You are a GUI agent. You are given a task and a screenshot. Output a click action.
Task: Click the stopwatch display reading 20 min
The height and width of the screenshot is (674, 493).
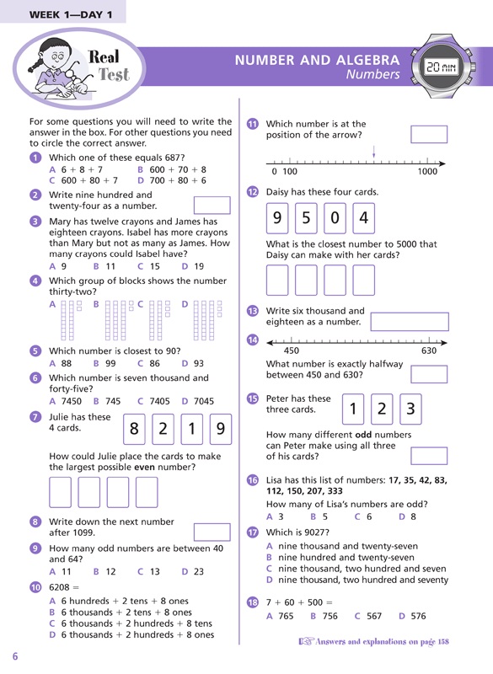tap(442, 67)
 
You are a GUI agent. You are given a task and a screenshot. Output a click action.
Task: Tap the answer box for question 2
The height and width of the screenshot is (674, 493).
tap(212, 205)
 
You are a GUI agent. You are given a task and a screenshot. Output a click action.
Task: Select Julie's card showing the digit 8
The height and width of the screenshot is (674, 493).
tap(134, 429)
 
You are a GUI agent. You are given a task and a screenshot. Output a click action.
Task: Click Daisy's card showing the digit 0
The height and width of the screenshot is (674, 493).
tap(335, 218)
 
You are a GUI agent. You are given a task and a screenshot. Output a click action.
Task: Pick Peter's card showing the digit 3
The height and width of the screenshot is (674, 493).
tap(410, 409)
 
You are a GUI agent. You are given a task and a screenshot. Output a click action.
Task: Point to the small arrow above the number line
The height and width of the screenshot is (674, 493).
tap(374, 152)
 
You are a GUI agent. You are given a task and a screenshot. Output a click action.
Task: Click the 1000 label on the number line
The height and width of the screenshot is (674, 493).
tap(427, 172)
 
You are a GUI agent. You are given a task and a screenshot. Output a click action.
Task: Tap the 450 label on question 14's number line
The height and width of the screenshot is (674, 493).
tap(291, 350)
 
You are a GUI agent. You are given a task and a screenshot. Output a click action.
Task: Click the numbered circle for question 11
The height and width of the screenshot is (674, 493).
tap(252, 124)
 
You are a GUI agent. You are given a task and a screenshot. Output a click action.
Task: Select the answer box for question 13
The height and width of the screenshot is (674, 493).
tap(410, 322)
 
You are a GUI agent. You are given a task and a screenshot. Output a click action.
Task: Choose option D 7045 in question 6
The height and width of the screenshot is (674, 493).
tap(198, 401)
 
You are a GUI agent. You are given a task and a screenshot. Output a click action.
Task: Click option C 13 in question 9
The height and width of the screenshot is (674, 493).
tap(148, 571)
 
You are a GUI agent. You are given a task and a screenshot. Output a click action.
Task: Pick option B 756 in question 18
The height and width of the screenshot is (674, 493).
tap(324, 616)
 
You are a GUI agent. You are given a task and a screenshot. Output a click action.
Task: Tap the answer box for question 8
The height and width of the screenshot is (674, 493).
tap(212, 532)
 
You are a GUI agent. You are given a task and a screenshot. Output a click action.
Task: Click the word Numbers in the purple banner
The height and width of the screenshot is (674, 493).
tap(372, 74)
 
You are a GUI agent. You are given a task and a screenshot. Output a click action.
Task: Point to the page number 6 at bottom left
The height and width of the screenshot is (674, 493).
tap(15, 656)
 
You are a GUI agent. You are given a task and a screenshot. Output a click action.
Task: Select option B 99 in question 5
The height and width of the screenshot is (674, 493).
tap(104, 363)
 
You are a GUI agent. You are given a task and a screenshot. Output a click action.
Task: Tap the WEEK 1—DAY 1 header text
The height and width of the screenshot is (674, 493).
tap(71, 14)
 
